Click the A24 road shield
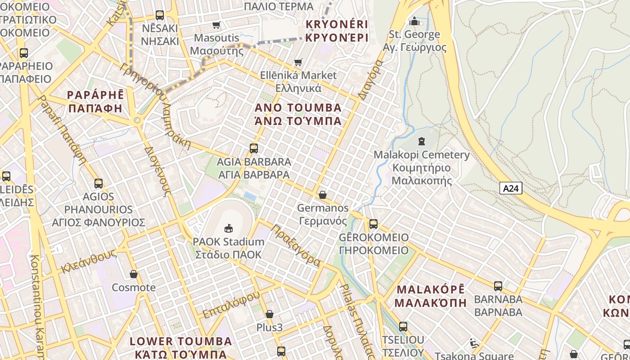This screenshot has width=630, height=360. point(511,188)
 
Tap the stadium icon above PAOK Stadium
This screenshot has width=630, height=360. point(229,228)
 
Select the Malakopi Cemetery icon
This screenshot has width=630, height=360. point(421,141)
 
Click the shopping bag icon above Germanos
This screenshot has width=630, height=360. point(323,195)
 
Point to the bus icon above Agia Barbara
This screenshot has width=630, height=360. point(254,148)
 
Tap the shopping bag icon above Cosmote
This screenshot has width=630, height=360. point(134,274)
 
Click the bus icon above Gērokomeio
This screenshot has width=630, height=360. point(373,224)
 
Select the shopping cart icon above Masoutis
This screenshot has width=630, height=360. point(216,25)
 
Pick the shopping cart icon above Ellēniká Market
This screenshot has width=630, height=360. point(298,62)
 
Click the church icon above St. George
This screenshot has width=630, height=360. point(414,21)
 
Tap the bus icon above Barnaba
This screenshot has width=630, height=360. point(498,286)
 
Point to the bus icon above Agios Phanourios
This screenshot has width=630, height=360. point(99,184)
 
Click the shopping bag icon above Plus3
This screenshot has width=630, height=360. point(270,314)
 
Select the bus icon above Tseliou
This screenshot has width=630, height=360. point(403,326)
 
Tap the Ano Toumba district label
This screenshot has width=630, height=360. point(298,114)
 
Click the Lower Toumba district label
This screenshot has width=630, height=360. point(181,347)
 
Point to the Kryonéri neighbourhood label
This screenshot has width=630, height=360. point(337,31)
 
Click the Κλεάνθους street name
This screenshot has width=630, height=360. point(89,262)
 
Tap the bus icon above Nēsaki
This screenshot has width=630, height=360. point(160,15)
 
